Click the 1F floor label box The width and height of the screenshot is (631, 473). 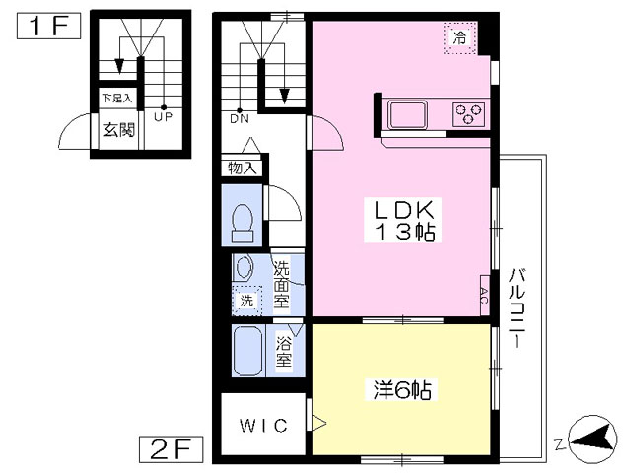tap(48, 27)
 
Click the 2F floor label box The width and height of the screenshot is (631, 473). tap(171, 449)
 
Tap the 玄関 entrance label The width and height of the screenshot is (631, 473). tap(118, 130)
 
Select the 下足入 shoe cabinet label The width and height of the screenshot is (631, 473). tap(116, 98)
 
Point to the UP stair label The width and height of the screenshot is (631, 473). tap(164, 117)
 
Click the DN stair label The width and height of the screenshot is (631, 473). tap(240, 118)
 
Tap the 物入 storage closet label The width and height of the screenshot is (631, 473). tap(243, 168)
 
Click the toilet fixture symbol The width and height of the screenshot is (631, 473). tap(243, 223)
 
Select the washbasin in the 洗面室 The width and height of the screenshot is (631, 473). tap(244, 267)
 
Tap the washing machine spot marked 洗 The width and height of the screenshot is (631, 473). tap(246, 300)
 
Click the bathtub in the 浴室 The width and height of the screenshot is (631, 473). tap(247, 351)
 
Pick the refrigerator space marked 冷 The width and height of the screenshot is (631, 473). tap(460, 37)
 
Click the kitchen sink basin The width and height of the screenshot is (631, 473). tap(407, 114)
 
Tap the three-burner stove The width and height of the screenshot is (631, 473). tap(468, 114)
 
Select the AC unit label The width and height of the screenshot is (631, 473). tap(484, 296)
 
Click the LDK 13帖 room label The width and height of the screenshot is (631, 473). tap(403, 220)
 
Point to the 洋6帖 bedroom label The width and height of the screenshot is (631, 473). tap(402, 389)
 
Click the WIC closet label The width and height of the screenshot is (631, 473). tap(263, 425)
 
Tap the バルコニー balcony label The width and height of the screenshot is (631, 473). tap(517, 307)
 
